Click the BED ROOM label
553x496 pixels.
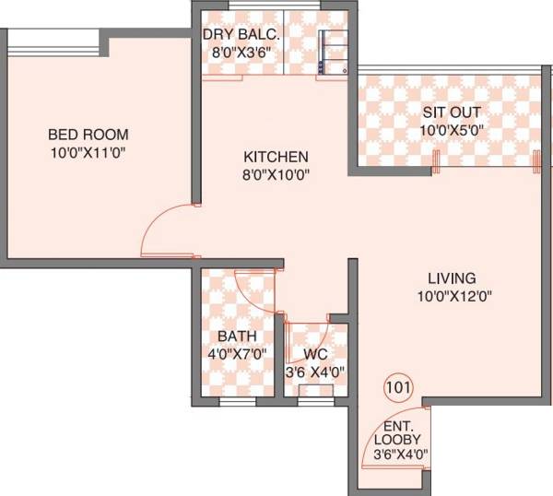click(x=88, y=135)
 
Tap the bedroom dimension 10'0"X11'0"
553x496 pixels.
click(x=88, y=151)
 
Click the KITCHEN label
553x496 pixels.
click(x=276, y=156)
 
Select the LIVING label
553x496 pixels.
click(x=451, y=278)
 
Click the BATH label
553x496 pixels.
click(x=237, y=337)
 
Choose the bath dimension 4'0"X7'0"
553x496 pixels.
click(x=237, y=353)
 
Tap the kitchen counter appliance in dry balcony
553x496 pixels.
click(x=332, y=53)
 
